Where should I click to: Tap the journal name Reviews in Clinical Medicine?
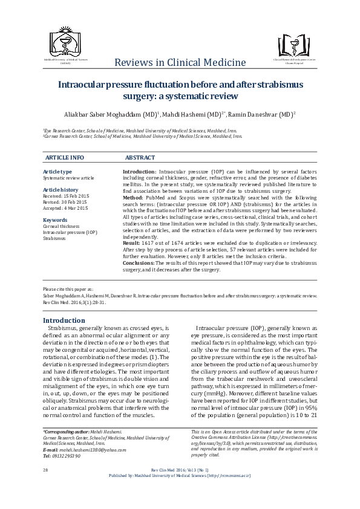[x=180, y=63]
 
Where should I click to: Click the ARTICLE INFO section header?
[x=65, y=157]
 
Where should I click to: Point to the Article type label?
[x=57, y=172]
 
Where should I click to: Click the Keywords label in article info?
[x=55, y=220]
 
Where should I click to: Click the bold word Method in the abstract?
[x=133, y=197]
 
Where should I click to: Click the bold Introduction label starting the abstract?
[x=140, y=172]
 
